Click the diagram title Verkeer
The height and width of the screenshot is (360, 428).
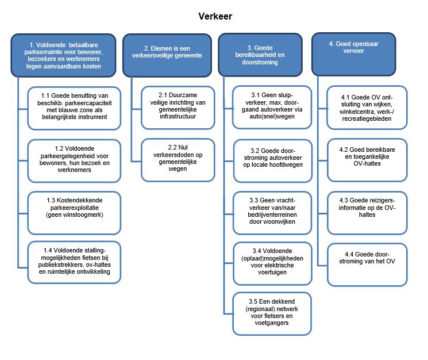point(215,16)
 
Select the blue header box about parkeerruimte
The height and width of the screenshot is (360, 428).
point(63,55)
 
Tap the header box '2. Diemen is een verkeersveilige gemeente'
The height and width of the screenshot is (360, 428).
point(167,55)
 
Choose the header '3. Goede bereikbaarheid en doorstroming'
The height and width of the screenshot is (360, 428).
point(260,55)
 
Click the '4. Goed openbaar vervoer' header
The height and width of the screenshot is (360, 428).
point(354,55)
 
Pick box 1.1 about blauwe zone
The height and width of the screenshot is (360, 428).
point(74,108)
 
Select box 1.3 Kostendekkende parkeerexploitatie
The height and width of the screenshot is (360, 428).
point(74,213)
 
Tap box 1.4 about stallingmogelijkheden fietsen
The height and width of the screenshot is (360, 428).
point(74,262)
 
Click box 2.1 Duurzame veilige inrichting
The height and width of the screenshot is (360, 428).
point(178,108)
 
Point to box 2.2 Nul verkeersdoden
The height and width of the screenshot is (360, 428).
point(178,160)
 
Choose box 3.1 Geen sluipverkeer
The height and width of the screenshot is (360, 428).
point(272,108)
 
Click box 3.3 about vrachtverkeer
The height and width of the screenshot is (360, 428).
point(272,213)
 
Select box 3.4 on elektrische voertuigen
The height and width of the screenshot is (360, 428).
point(272,263)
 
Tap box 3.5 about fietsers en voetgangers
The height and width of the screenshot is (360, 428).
point(272,314)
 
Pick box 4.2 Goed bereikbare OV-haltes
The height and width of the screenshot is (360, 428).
point(367,160)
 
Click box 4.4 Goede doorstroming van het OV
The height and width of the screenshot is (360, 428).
point(367,265)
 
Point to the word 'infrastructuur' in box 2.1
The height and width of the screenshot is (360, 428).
point(178,116)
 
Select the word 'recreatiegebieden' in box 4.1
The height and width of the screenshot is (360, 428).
point(367,119)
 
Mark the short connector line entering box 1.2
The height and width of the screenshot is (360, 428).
point(23,161)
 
